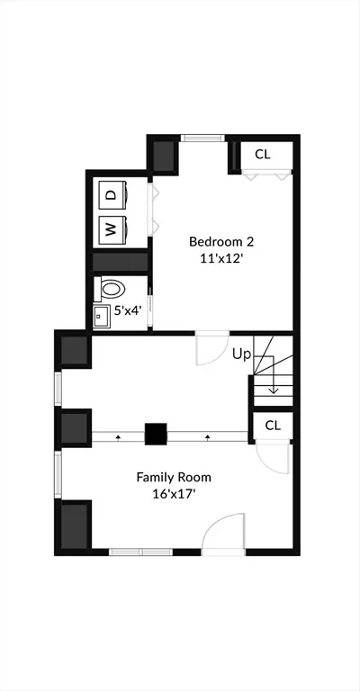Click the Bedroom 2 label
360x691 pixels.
point(221,242)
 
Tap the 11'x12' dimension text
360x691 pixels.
point(221,259)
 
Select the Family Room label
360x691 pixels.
point(174,477)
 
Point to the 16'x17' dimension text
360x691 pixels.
point(174,494)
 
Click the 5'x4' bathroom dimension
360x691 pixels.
point(127,310)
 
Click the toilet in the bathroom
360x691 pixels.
point(110,289)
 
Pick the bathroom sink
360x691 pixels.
point(102,316)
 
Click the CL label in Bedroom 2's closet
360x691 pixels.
point(263,154)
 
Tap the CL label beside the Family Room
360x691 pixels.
point(273,426)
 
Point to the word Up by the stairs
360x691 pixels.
point(241,354)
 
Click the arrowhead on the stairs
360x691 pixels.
point(274,390)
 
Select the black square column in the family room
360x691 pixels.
point(156,434)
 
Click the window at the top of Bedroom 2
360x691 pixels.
point(202,138)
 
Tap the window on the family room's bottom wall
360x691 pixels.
point(140,552)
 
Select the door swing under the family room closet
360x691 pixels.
point(273,457)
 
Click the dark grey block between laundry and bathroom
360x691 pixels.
point(120,262)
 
